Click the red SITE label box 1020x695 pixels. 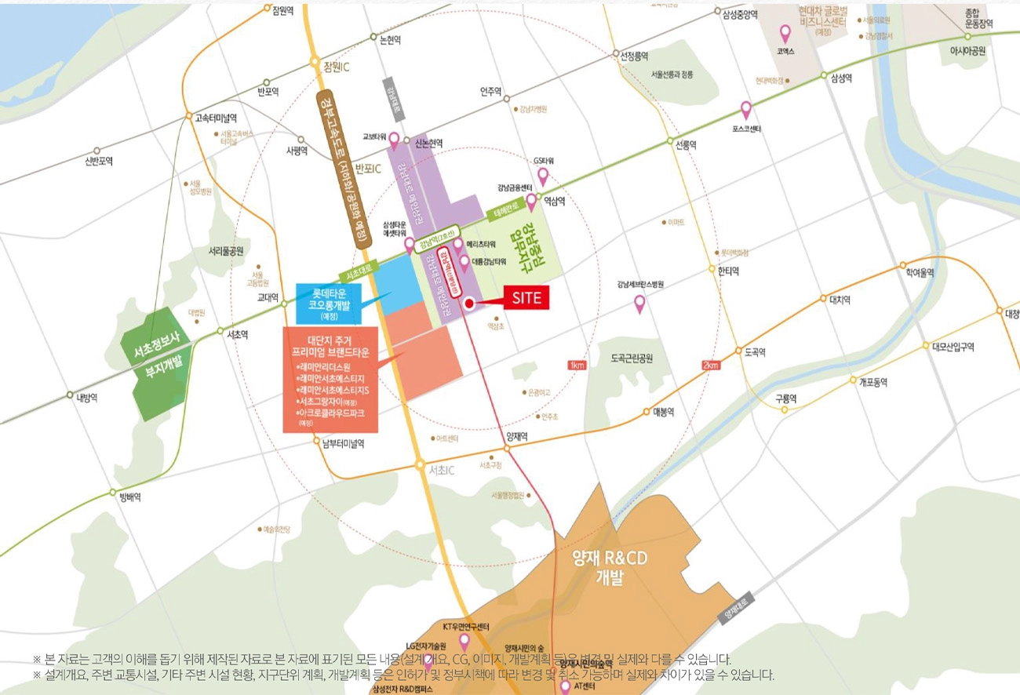526,298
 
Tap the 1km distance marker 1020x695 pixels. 577,366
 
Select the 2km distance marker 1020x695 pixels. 711,366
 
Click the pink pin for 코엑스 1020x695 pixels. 785,35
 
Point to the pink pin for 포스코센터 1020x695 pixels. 746,111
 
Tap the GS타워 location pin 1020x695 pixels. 542,176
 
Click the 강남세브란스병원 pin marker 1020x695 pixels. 639,303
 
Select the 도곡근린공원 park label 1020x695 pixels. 632,358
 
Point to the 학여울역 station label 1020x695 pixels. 919,272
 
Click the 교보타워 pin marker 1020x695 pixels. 395,140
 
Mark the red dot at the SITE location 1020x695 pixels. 468,304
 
